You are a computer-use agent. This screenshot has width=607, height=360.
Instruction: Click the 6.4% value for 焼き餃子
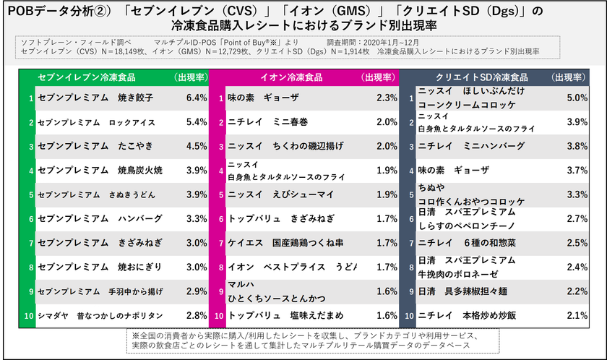point(197,98)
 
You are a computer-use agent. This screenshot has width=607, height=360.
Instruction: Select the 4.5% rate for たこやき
point(197,146)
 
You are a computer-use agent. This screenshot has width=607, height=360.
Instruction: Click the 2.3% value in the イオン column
point(387,98)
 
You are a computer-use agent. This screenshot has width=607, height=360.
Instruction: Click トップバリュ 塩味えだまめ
point(278,315)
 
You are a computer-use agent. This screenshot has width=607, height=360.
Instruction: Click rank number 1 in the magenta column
point(221,98)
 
